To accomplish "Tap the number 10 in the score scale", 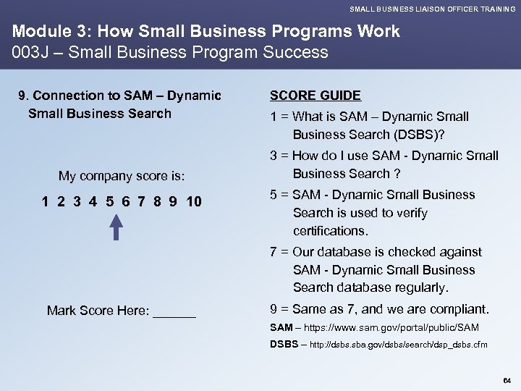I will tap(194, 201).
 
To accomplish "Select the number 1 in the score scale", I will tap(46, 201).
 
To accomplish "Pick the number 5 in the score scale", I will tap(109, 201).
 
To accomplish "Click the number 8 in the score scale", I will tap(156, 201).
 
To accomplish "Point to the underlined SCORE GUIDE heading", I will tap(315, 96).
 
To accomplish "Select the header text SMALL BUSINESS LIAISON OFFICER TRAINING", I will tap(433, 9).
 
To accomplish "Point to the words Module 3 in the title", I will tap(46, 32).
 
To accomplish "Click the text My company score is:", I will tap(122, 176).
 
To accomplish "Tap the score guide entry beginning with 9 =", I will tap(379, 309).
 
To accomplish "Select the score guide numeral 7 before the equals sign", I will tap(274, 252).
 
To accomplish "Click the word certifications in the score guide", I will tap(331, 231).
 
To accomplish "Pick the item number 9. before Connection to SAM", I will tap(24, 96).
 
